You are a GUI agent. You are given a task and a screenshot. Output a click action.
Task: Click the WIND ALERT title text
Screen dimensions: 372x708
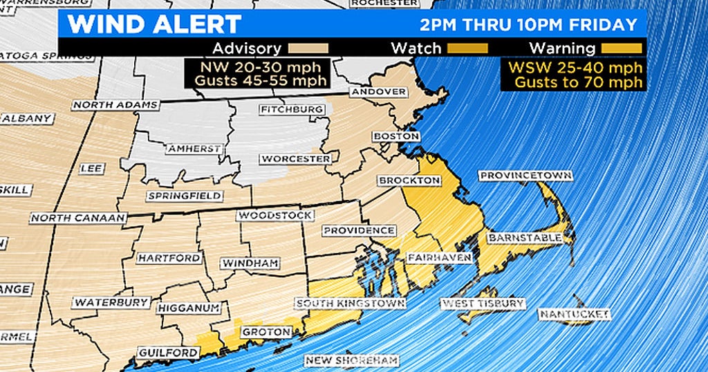[154, 24]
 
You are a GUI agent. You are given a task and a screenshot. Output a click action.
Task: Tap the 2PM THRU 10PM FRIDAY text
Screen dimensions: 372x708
[528, 25]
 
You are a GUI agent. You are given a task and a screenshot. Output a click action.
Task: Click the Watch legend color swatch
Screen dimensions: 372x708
[467, 48]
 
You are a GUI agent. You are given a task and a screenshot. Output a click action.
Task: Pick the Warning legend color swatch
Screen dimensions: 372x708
[622, 48]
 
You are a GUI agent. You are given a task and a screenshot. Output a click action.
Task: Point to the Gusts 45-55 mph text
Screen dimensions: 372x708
[255, 82]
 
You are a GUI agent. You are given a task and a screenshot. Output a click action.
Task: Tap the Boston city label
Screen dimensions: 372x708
[396, 136]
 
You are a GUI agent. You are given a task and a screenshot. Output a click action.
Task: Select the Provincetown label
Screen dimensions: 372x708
[525, 176]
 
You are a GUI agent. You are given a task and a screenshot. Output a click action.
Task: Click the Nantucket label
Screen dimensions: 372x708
[575, 315]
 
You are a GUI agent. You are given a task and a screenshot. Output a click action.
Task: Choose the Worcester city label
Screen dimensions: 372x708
[295, 159]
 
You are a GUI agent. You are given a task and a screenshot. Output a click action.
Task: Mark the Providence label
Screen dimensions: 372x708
[359, 230]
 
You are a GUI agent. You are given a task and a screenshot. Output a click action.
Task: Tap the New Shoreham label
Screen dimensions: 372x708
[353, 360]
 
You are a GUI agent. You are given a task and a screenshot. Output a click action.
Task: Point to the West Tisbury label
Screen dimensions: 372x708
[483, 304]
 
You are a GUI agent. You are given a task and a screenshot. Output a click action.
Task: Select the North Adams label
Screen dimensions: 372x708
[115, 105]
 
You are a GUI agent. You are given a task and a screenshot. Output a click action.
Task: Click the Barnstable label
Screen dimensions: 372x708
[523, 238]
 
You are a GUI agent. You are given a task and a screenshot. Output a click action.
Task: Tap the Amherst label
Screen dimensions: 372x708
[194, 149]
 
